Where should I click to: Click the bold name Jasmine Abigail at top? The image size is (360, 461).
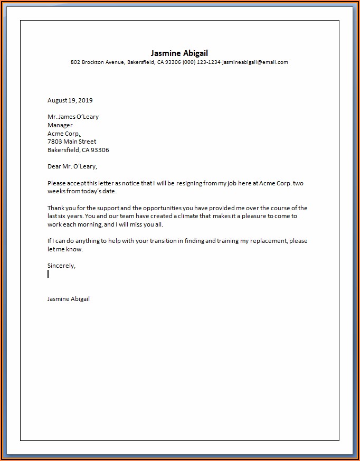(x=179, y=53)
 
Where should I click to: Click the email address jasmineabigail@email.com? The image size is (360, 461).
(x=255, y=62)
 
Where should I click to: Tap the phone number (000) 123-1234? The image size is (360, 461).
(x=202, y=62)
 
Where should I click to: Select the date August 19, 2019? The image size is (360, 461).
(x=70, y=100)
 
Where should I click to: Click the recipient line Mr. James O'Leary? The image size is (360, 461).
(x=73, y=117)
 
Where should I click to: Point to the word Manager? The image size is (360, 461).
(x=60, y=125)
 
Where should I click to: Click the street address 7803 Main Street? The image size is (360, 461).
(x=72, y=142)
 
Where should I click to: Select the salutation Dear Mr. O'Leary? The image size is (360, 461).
(x=72, y=166)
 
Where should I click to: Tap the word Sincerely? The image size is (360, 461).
(x=61, y=266)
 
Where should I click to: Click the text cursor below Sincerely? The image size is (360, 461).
(x=48, y=274)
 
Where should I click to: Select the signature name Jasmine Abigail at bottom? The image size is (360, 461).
(x=69, y=299)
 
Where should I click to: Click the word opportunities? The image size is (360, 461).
(x=162, y=208)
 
